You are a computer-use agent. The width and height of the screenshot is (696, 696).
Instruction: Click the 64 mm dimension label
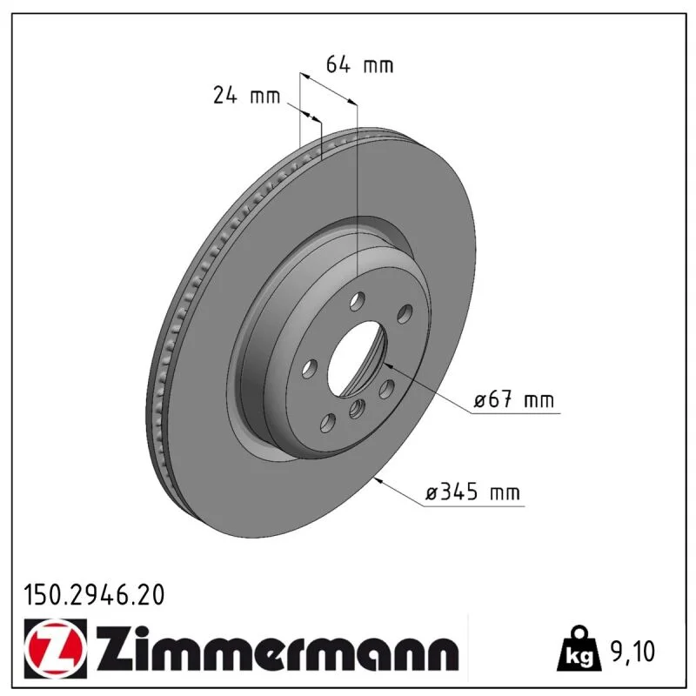pyautogui.click(x=359, y=64)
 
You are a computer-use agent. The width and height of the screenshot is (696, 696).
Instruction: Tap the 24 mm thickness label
pyautogui.click(x=247, y=95)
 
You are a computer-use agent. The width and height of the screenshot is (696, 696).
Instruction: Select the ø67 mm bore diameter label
pyautogui.click(x=514, y=399)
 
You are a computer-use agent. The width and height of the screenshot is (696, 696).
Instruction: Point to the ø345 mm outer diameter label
pyautogui.click(x=472, y=492)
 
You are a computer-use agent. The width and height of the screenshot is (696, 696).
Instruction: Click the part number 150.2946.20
pyautogui.click(x=94, y=595)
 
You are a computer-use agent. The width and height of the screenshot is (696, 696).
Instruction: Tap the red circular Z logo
pyautogui.click(x=56, y=648)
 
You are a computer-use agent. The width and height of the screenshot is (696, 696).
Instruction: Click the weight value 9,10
pyautogui.click(x=632, y=651)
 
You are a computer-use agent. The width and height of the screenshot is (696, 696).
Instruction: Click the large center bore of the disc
pyautogui.click(x=357, y=358)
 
